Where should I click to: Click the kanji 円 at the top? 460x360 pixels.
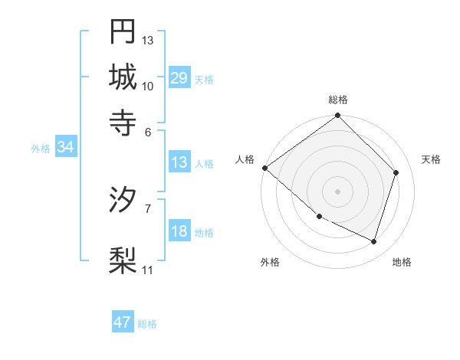[x=123, y=32]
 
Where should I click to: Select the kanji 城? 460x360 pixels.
[x=123, y=77]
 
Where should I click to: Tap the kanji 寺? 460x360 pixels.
[x=123, y=121]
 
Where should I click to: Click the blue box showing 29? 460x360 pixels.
[x=179, y=78]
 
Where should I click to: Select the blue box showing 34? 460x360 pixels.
[x=65, y=148]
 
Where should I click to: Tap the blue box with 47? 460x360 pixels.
[x=123, y=322]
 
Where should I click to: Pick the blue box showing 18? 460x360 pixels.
[x=179, y=232]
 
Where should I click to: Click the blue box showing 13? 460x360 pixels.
[x=179, y=162]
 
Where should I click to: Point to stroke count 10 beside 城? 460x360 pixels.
[x=148, y=85]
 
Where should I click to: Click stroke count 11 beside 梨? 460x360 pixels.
[x=148, y=270]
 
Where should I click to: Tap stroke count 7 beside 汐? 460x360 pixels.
[x=148, y=208]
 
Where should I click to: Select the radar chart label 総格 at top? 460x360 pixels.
[x=338, y=100]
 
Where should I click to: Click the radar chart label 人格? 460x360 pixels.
[x=245, y=159]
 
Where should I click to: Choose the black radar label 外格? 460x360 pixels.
[x=270, y=262]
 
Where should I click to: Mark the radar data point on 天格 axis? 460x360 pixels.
[x=396, y=172]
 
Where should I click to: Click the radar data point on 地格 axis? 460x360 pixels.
[x=374, y=242]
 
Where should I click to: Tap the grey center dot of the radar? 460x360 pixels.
[x=338, y=191]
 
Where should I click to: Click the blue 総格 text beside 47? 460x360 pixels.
[x=147, y=324]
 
